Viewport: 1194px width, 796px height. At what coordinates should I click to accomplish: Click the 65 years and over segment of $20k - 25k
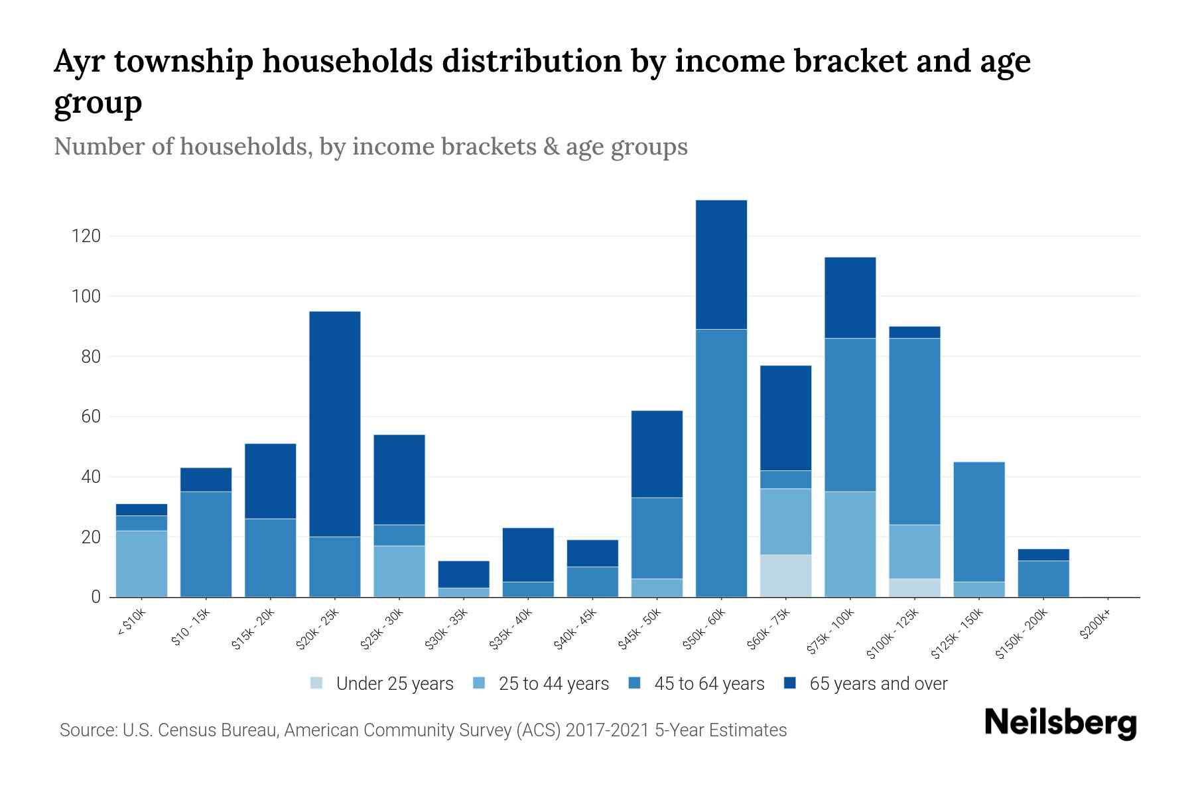(x=335, y=424)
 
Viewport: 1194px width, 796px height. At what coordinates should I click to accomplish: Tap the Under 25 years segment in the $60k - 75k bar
(x=785, y=576)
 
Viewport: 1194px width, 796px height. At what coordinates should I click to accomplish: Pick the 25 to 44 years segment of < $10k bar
(x=141, y=564)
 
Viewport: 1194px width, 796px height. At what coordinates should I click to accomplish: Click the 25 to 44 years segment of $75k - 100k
(x=850, y=544)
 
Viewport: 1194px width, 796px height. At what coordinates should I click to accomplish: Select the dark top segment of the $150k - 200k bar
(x=1043, y=555)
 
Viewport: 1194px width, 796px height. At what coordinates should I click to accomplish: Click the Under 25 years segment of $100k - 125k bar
(x=914, y=588)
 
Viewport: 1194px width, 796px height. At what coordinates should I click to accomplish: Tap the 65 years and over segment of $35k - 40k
(x=528, y=555)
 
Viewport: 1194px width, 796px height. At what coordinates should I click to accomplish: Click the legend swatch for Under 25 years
(x=317, y=683)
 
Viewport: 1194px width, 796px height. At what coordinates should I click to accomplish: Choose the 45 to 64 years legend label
(x=709, y=683)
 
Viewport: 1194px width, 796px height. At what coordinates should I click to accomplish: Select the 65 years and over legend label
(x=878, y=683)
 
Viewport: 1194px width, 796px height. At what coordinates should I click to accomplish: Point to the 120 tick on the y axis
(x=86, y=236)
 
